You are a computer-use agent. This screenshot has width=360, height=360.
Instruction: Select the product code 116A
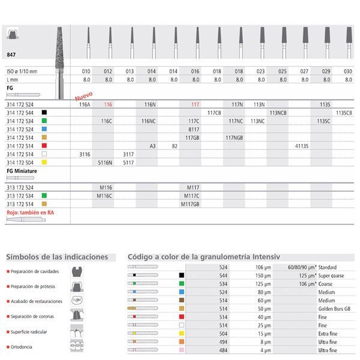[85, 104]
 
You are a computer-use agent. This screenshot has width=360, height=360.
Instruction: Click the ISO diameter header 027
[305, 71]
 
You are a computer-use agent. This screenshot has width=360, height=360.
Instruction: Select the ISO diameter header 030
[348, 71]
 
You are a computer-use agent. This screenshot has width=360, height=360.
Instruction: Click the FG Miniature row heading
[22, 171]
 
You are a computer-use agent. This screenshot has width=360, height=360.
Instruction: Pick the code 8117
[193, 129]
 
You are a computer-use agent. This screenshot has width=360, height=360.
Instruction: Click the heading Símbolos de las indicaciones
[57, 257]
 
